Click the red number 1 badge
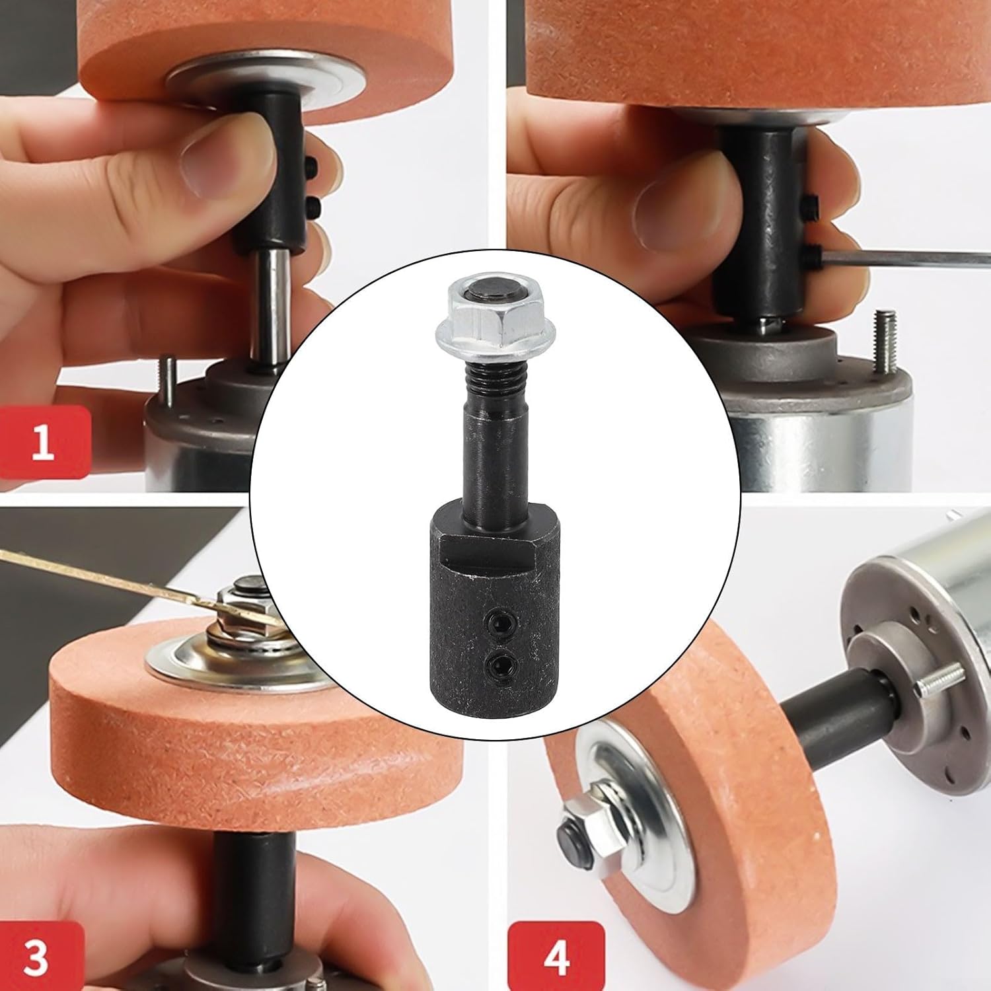point(43,441)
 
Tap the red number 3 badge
point(36,956)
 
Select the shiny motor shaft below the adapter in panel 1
point(271,304)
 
